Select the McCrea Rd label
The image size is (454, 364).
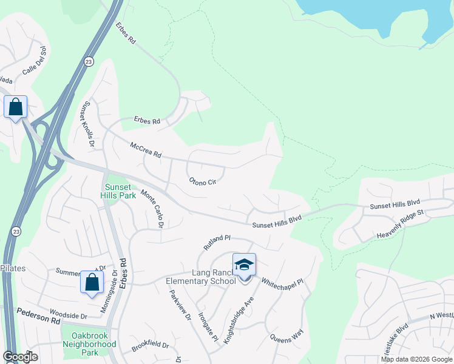pos(146,150)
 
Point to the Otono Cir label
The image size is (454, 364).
pos(202,181)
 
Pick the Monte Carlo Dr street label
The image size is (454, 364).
pos(153,209)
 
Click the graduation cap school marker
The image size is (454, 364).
pos(244,265)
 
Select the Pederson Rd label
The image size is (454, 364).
pos(36,314)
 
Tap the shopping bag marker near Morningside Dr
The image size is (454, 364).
pos(92,282)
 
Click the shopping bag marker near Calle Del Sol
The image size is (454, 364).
pos(15,107)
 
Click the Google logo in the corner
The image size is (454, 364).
pos(20,357)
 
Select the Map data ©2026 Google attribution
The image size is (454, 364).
pos(416,359)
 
